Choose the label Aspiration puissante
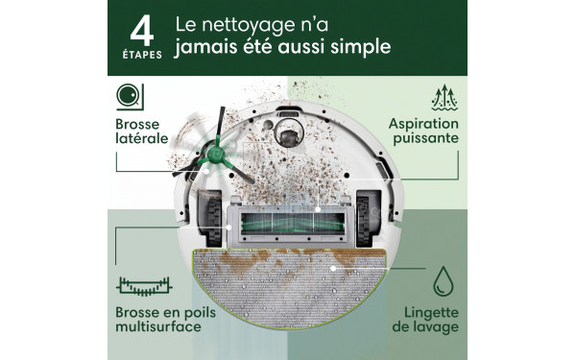pyautogui.click(x=422, y=132)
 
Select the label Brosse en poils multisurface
pyautogui.click(x=156, y=320)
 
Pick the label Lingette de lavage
pyautogui.click(x=424, y=320)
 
